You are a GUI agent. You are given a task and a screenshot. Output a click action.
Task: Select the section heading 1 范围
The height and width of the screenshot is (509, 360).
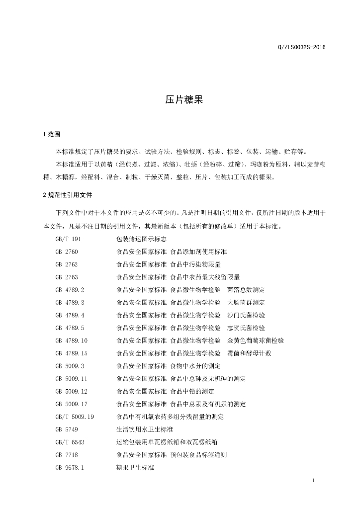[52, 134]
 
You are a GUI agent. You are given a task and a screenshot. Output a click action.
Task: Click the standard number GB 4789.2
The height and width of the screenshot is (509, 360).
[70, 290]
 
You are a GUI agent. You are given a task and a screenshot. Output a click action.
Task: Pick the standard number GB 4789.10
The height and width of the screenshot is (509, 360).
[72, 340]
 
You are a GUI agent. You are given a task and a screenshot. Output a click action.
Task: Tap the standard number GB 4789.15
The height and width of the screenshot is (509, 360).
[72, 353]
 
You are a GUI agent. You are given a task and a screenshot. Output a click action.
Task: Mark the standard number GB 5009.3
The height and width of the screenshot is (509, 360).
[70, 366]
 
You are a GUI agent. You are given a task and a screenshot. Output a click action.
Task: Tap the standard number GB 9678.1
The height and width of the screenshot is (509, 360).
[70, 468]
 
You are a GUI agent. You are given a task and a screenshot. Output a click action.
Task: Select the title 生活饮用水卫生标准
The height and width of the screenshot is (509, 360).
[144, 429]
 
